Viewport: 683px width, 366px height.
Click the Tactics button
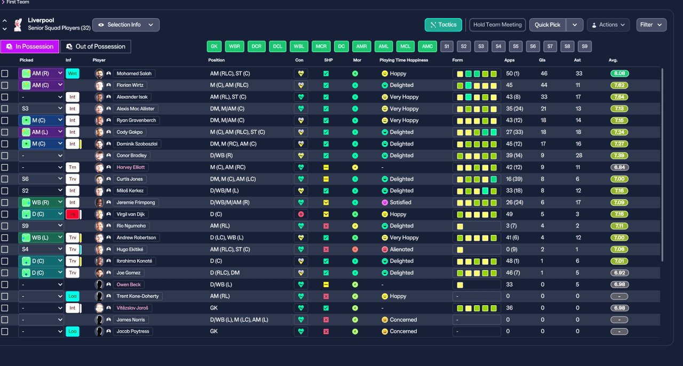(443, 25)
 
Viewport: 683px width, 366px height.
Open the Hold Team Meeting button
(497, 25)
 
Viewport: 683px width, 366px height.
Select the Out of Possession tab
(96, 46)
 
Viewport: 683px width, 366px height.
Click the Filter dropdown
(651, 25)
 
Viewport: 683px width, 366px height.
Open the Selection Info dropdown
(126, 25)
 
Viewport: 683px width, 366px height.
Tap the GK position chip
(214, 46)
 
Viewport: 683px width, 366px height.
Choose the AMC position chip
(427, 46)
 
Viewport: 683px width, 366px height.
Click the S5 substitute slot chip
(515, 46)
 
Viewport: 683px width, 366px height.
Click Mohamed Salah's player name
(135, 74)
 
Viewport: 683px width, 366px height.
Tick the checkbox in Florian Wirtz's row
(5, 85)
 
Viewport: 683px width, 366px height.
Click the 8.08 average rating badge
(620, 74)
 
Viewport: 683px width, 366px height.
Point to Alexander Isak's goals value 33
(544, 97)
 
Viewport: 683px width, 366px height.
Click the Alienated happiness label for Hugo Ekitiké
(401, 249)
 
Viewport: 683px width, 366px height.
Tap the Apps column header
(510, 60)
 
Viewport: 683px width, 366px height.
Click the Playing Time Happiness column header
(404, 60)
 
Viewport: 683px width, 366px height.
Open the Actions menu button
(608, 25)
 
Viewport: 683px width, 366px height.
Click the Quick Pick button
(547, 25)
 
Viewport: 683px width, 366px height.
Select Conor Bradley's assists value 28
(578, 156)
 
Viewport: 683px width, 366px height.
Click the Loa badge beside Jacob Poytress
(72, 331)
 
